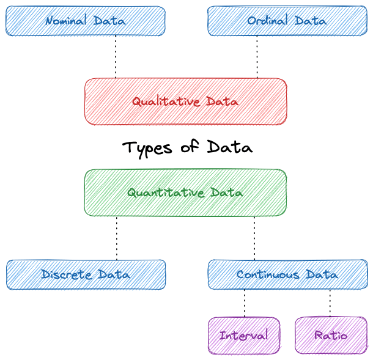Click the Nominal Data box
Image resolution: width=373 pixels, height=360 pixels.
85,21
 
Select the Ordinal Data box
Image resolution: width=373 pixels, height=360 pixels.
287,21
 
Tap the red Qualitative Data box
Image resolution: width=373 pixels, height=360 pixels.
185,102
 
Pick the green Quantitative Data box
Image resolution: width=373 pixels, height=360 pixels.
185,193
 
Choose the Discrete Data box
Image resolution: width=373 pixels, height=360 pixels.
86,274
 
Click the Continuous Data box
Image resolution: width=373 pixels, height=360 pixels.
287,274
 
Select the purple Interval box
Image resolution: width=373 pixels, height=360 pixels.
243,336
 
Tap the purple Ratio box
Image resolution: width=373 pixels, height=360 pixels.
331,336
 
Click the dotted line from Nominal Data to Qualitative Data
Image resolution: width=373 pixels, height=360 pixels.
116,57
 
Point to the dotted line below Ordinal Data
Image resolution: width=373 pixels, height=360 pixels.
257,57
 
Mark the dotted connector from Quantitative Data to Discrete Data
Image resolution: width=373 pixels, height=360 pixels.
116,238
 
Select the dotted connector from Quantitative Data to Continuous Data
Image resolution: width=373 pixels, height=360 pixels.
255,238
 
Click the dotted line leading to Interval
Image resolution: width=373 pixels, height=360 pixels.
245,303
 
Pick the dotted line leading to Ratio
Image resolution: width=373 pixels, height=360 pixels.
331,303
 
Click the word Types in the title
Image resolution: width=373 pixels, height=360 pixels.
146,149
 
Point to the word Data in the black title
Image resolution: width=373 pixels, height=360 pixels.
229,148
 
